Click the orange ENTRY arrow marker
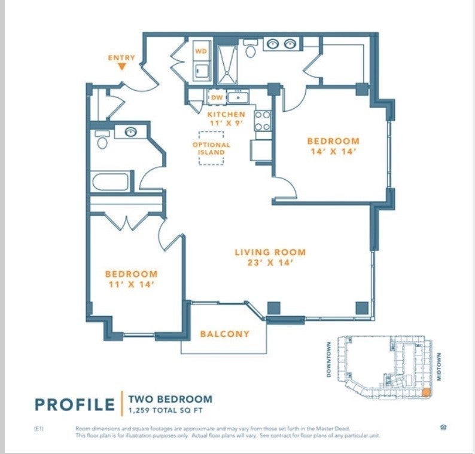tap(121, 67)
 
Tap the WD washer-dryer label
tap(201, 51)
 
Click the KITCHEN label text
tap(226, 113)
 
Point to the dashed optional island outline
tap(211, 148)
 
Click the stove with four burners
tap(263, 120)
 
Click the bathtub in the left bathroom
tap(111, 181)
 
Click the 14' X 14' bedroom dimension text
tap(333, 152)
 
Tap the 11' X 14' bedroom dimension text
tap(131, 284)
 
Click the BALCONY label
tap(224, 334)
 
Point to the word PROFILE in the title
tap(75, 404)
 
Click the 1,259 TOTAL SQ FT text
tap(160, 410)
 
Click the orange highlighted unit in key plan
tap(425, 392)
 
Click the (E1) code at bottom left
tap(39, 428)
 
